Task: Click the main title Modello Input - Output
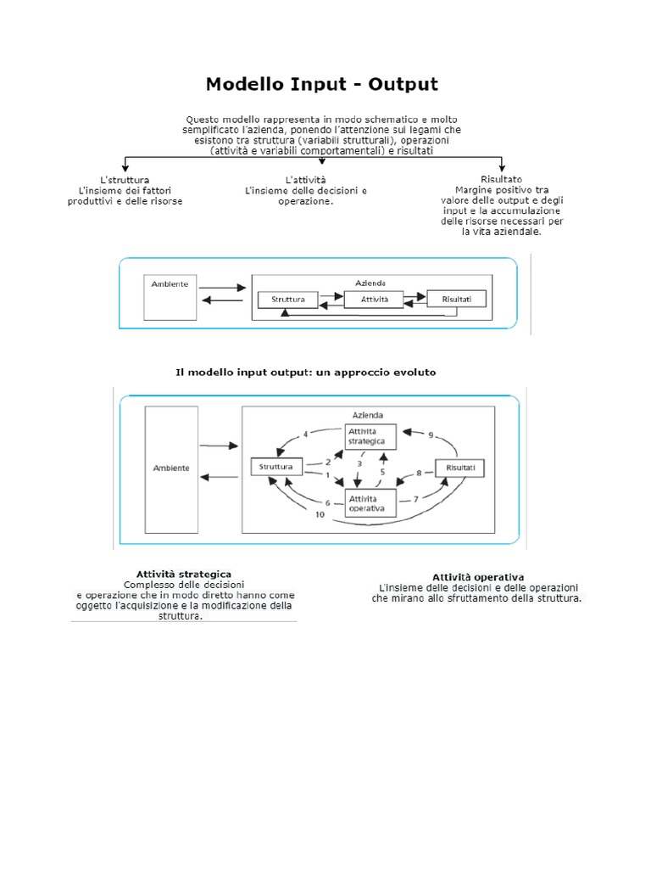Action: pyautogui.click(x=323, y=84)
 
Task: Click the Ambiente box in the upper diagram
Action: pyautogui.click(x=170, y=294)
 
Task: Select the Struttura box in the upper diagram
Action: pyautogui.click(x=287, y=300)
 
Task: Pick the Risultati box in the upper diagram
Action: pyautogui.click(x=456, y=299)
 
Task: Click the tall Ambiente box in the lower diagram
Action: pyautogui.click(x=171, y=468)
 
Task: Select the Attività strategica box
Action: pyautogui.click(x=370, y=437)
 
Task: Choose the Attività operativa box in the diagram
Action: pyautogui.click(x=370, y=502)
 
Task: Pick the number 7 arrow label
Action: pyautogui.click(x=415, y=499)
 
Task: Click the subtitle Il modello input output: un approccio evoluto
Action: pyautogui.click(x=306, y=372)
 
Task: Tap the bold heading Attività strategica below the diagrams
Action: pyautogui.click(x=184, y=575)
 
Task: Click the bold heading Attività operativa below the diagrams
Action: pyautogui.click(x=478, y=577)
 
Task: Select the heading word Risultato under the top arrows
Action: pyautogui.click(x=501, y=180)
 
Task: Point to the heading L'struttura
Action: pyautogui.click(x=125, y=180)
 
